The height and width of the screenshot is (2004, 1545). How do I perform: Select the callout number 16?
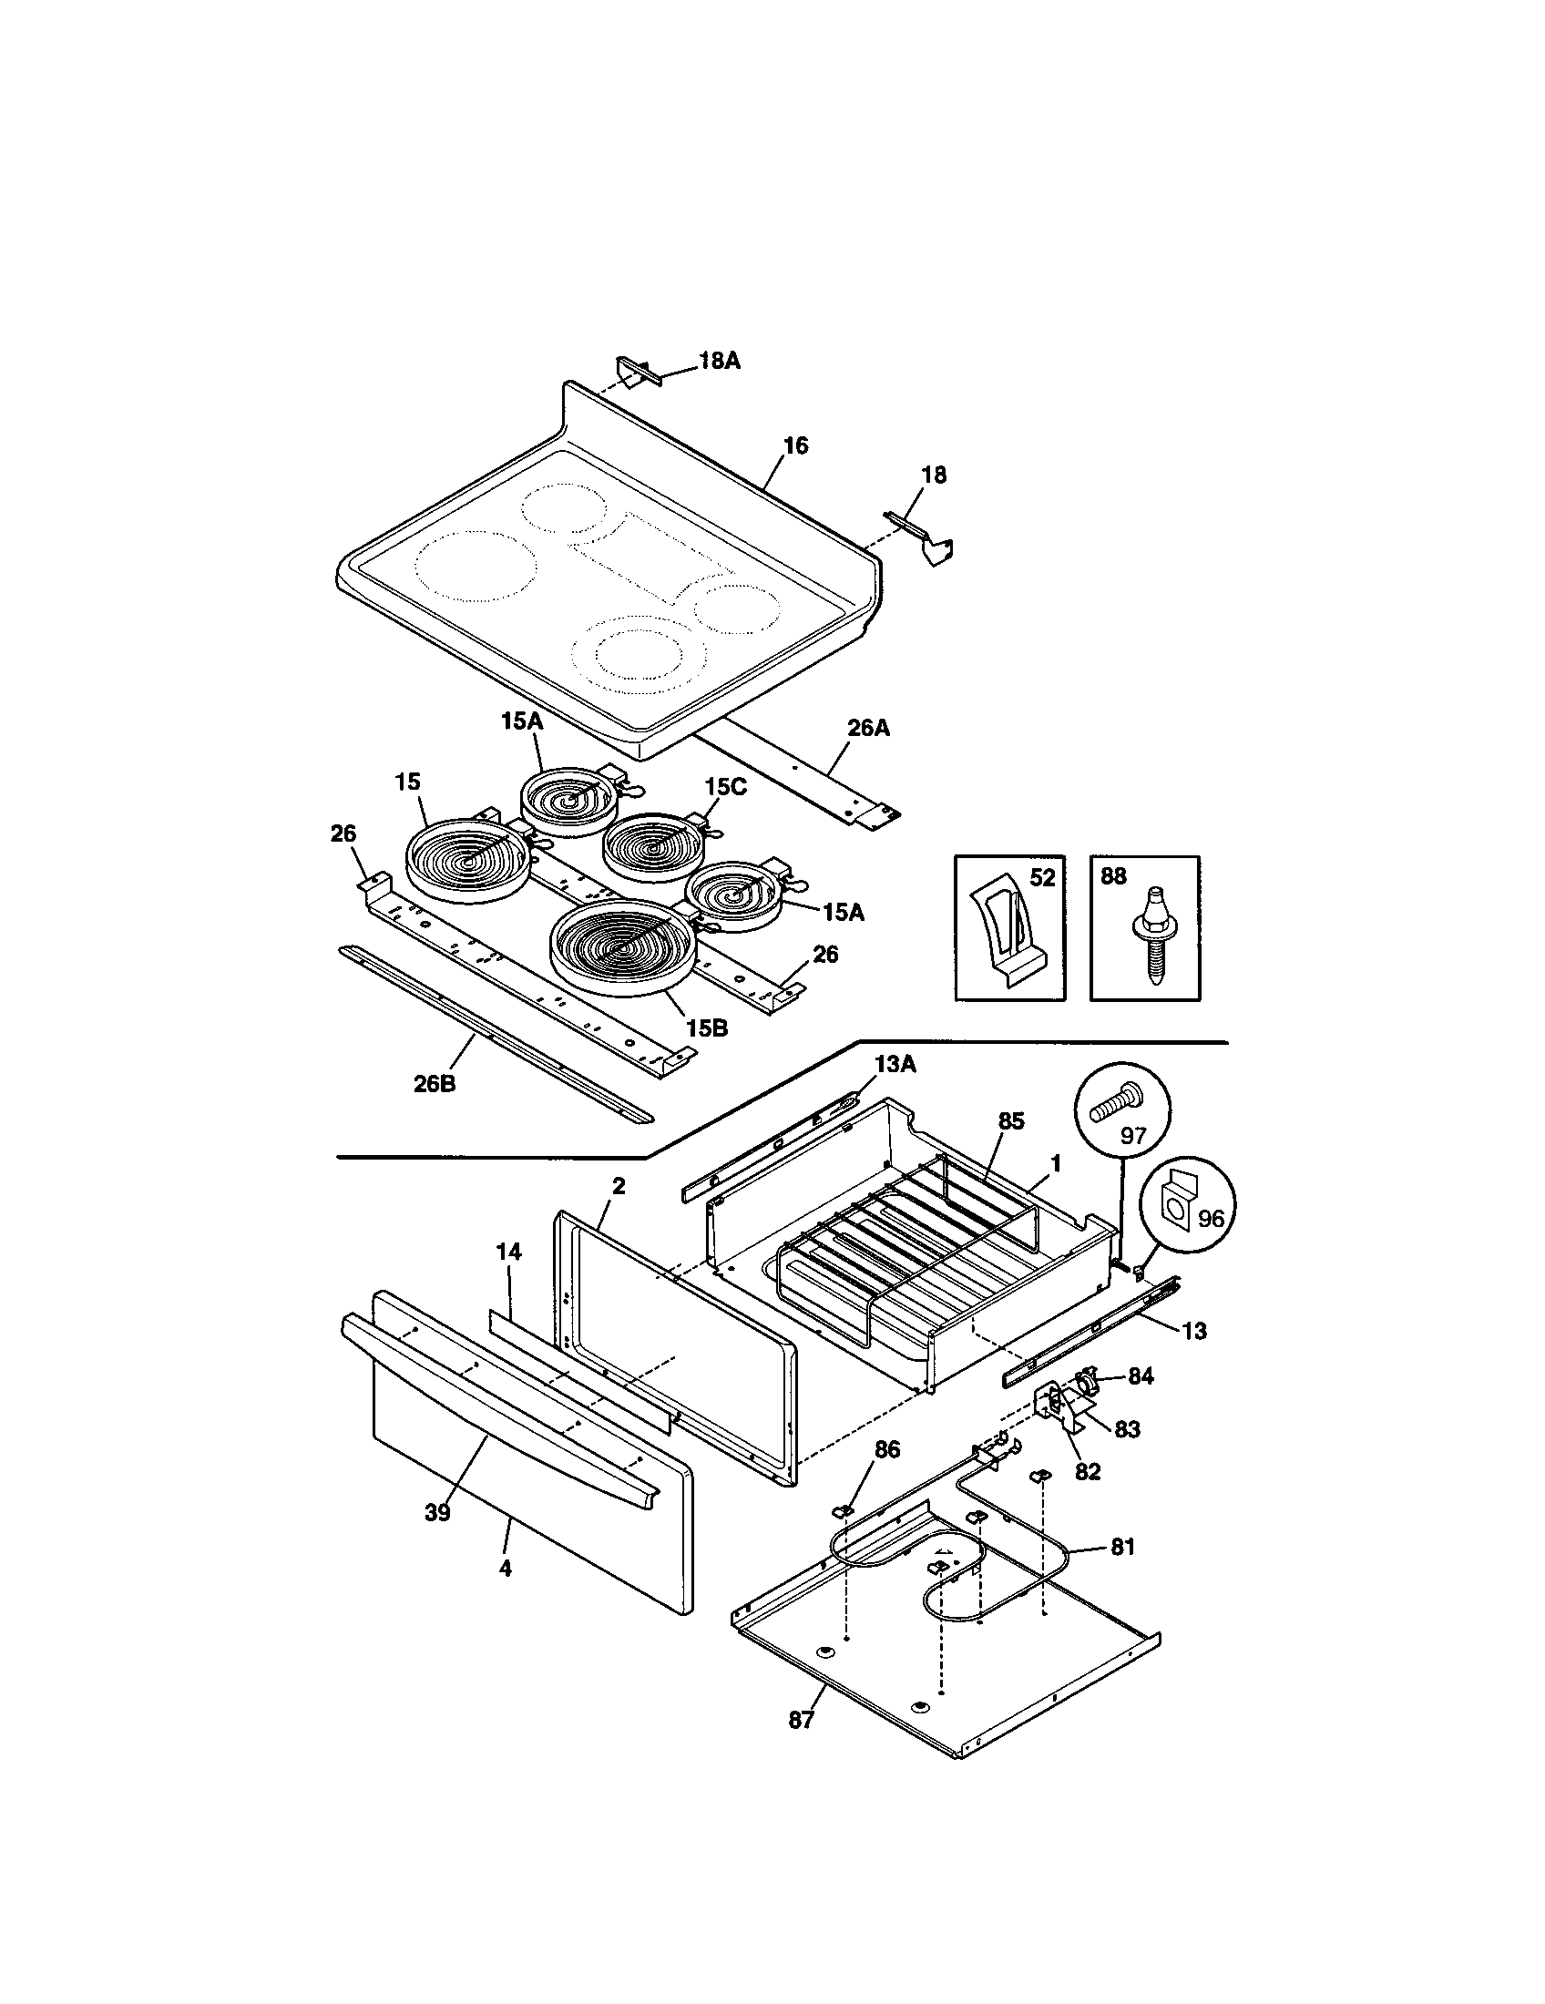pyautogui.click(x=795, y=446)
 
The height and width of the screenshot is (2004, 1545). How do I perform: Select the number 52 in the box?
pyautogui.click(x=1041, y=877)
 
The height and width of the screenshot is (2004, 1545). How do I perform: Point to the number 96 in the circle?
pyautogui.click(x=1211, y=1220)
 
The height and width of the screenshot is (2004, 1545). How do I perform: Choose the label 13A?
pyautogui.click(x=895, y=1064)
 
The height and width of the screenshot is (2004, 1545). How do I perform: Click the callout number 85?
pyautogui.click(x=1010, y=1121)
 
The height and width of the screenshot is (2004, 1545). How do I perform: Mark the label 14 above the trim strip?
pyautogui.click(x=508, y=1252)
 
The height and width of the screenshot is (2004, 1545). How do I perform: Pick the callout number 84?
pyautogui.click(x=1141, y=1376)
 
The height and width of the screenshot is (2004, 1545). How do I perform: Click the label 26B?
pyautogui.click(x=434, y=1084)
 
